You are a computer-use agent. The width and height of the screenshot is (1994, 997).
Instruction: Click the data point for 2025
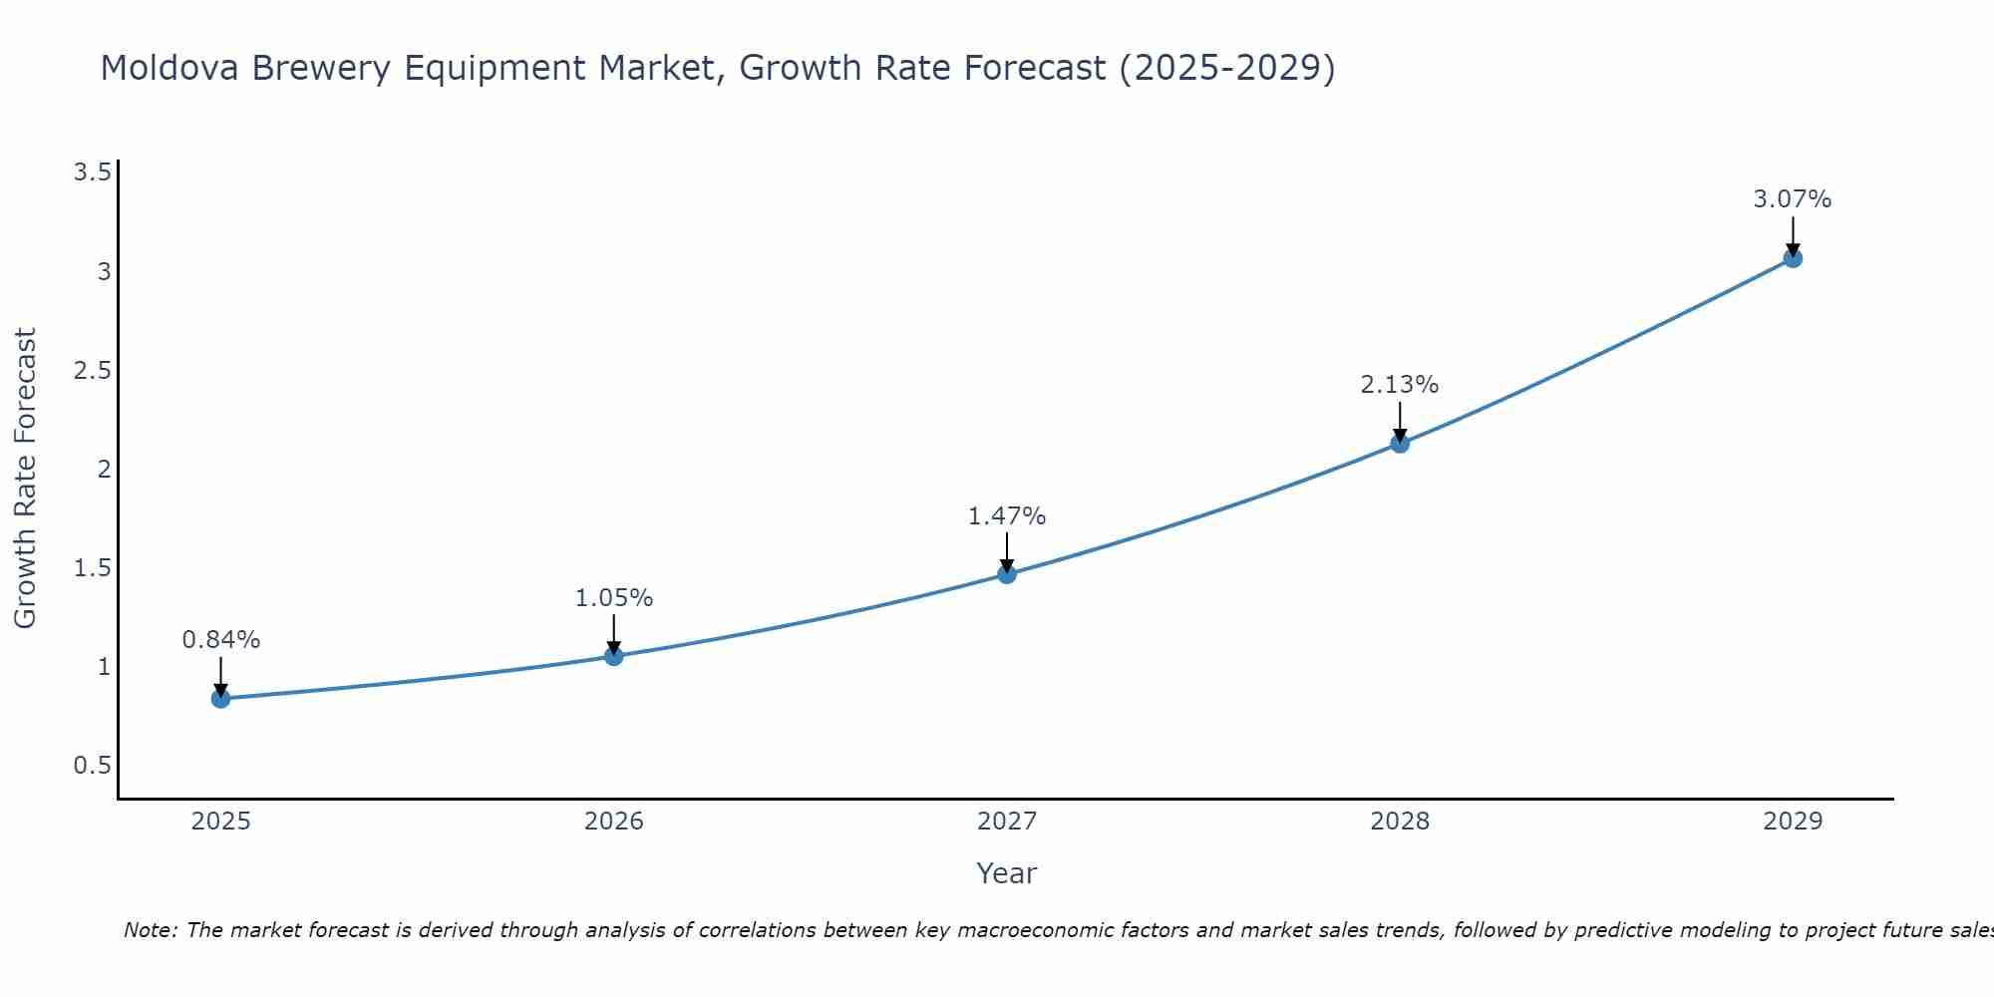coord(221,699)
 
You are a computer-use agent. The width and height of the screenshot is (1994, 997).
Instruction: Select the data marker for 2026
coord(614,656)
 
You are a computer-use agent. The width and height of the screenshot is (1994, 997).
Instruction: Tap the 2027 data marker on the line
coord(1007,574)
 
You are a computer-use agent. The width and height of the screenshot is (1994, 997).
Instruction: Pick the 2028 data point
coord(1400,444)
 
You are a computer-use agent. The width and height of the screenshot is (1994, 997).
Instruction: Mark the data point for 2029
coord(1793,258)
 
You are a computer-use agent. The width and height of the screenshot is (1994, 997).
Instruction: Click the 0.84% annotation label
coord(221,640)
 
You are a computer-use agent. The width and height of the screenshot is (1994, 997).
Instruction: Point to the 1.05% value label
coord(614,598)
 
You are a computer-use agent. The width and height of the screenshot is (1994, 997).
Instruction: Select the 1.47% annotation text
coord(1007,516)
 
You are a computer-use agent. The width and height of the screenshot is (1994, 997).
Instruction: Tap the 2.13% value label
coord(1400,385)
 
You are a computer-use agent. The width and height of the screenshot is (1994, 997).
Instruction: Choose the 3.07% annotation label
coord(1793,199)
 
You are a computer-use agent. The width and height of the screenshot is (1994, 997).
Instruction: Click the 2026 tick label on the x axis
coord(614,822)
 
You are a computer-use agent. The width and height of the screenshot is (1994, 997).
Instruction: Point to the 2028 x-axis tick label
coord(1400,822)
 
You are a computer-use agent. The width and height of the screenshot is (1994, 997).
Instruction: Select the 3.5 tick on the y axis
coord(92,173)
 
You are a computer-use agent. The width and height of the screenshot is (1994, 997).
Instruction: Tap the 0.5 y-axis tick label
coord(92,766)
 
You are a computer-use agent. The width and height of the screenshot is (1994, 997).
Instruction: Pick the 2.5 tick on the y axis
coord(92,371)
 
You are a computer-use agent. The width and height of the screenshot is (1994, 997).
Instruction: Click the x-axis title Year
coord(1007,873)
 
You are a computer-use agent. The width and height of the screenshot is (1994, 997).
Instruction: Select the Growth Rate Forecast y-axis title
coord(26,479)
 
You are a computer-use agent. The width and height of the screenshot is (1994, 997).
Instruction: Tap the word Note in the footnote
coord(150,930)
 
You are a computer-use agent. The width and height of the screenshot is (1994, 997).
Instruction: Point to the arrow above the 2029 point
coord(1793,235)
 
